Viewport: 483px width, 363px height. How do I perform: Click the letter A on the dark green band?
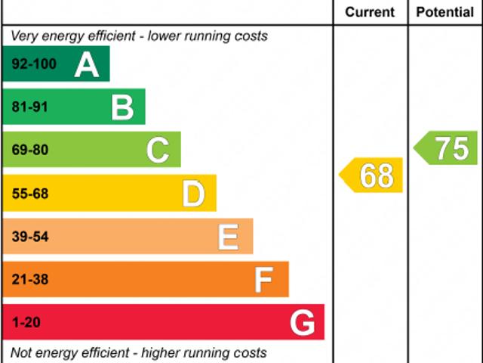[87, 65]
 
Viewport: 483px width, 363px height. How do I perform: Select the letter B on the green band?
[122, 107]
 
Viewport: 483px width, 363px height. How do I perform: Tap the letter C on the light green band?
[158, 150]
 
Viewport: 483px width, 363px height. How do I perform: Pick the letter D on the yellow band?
[193, 194]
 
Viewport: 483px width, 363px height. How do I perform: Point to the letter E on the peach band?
[229, 237]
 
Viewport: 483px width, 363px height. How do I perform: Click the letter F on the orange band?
[263, 281]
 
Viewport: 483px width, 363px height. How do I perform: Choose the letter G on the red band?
[302, 324]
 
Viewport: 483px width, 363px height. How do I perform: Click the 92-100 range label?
[34, 64]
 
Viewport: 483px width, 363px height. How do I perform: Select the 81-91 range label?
[30, 107]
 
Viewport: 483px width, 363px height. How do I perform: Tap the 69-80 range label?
[30, 150]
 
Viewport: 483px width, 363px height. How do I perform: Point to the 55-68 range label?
[30, 194]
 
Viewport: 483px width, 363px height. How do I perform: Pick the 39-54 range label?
[30, 237]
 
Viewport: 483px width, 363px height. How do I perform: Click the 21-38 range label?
[30, 281]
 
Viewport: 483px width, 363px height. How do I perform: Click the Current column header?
[370, 12]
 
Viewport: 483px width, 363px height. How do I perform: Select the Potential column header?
[445, 12]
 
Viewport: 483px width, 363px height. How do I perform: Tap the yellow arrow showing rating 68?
[372, 175]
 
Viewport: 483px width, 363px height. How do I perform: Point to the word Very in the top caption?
[23, 36]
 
